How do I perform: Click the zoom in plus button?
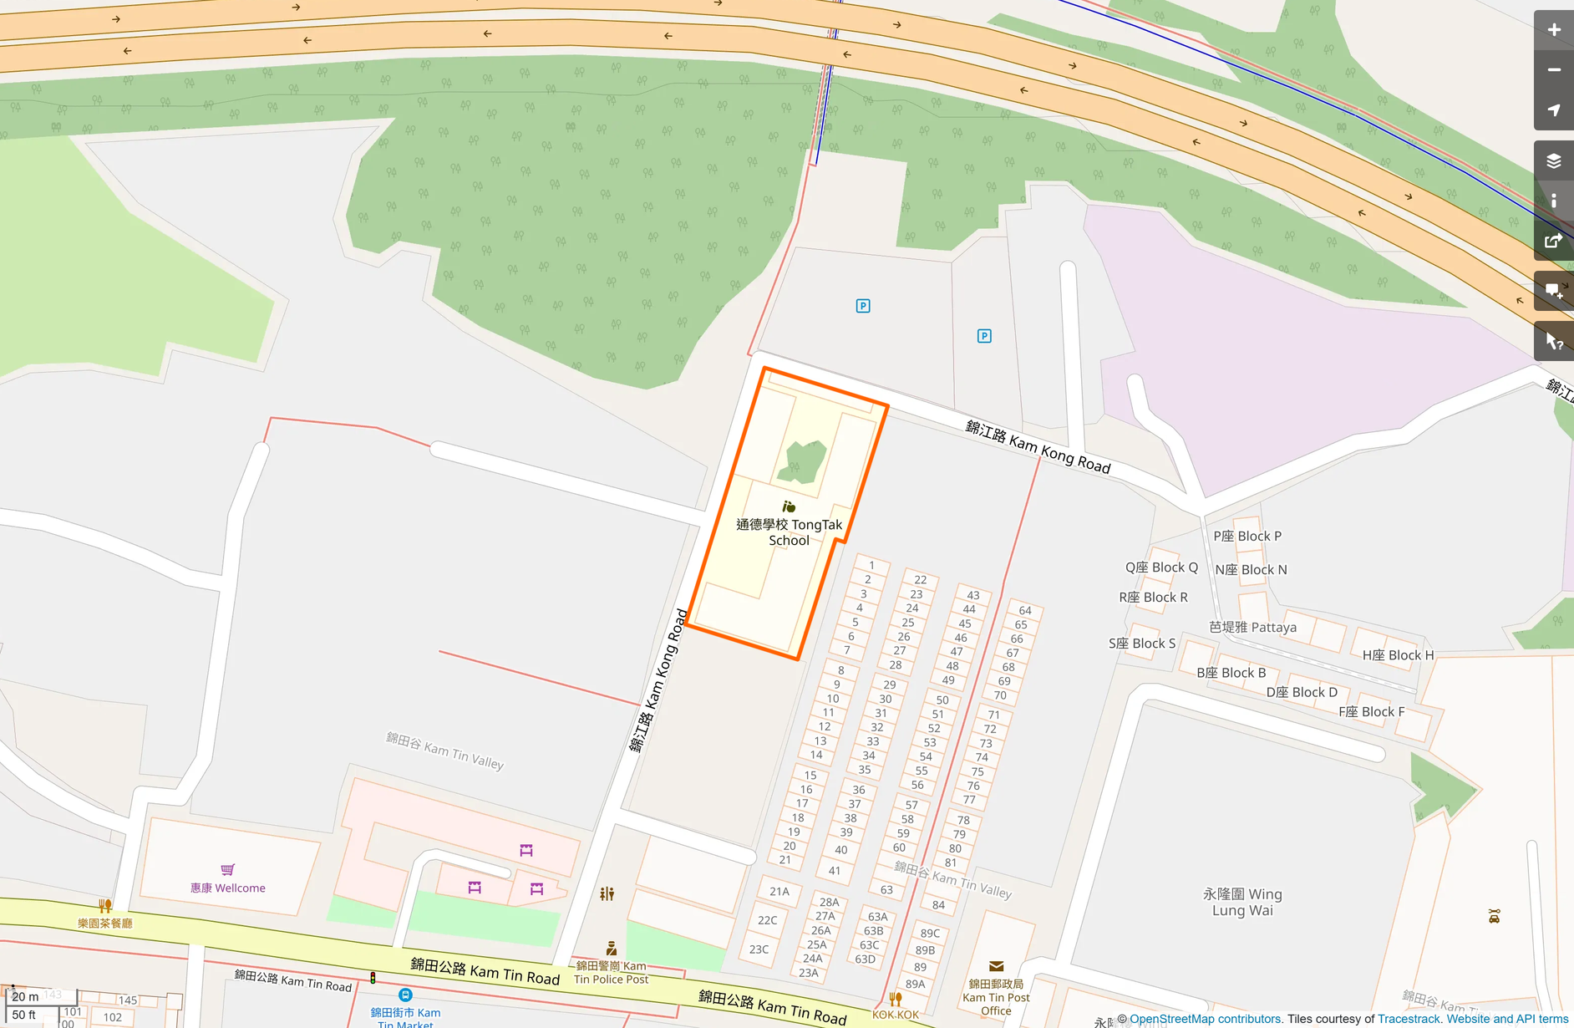click(x=1553, y=30)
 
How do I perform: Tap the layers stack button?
click(x=1553, y=160)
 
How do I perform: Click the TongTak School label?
click(x=789, y=532)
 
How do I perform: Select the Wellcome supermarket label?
click(x=228, y=888)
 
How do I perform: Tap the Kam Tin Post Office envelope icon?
click(x=996, y=966)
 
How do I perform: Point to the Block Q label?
click(x=1161, y=567)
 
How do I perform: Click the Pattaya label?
click(x=1252, y=627)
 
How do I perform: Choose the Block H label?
click(x=1398, y=655)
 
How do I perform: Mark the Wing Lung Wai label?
click(x=1242, y=902)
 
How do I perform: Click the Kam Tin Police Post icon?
click(x=612, y=948)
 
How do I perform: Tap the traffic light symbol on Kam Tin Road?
click(x=373, y=977)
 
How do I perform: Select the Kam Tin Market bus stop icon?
click(x=405, y=995)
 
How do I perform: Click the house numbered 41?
click(x=835, y=871)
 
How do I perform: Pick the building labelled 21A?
click(x=779, y=892)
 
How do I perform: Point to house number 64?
click(x=1025, y=610)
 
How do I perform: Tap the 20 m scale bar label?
click(x=26, y=996)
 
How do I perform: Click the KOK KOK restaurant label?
click(x=896, y=1015)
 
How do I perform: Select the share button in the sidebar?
click(x=1553, y=241)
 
